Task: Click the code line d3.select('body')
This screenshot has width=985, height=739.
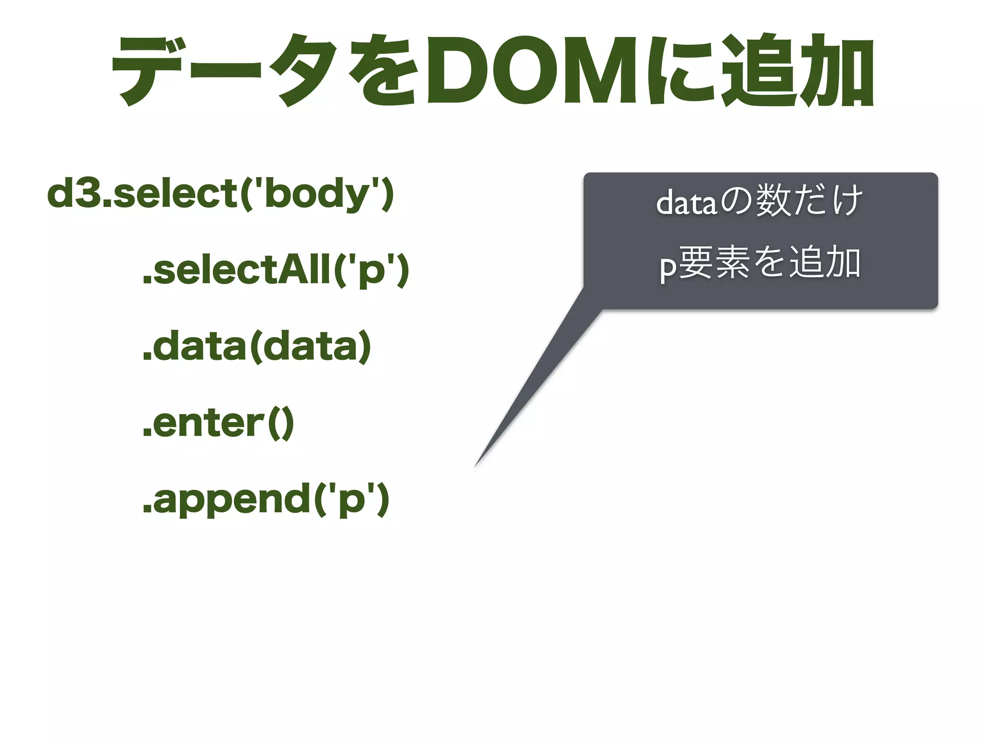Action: pyautogui.click(x=221, y=194)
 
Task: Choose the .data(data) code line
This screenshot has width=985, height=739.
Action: pyautogui.click(x=257, y=347)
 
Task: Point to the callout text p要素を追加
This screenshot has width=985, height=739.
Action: pyautogui.click(x=760, y=264)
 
